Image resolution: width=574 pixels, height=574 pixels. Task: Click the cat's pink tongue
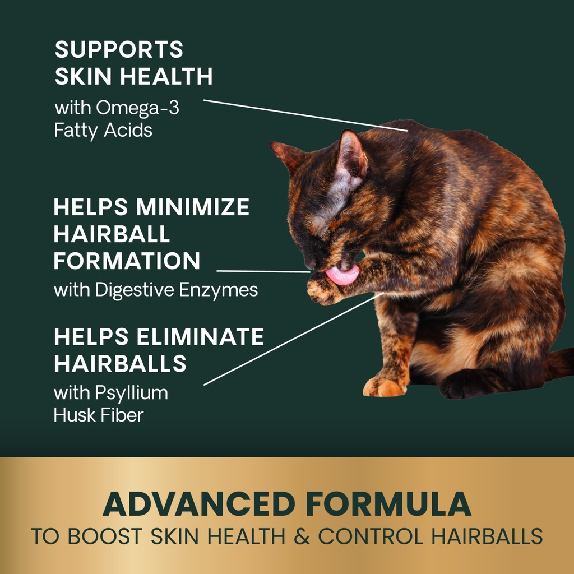point(342,275)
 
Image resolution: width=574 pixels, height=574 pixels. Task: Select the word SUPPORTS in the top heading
point(119,50)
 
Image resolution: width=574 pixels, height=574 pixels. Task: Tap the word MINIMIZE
point(192,207)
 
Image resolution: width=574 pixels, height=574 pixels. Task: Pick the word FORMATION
point(127,261)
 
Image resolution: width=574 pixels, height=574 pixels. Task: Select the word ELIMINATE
point(201,337)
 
